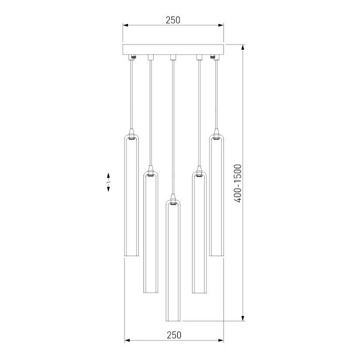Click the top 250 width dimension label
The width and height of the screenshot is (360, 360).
173,20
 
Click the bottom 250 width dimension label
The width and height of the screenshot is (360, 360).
174,335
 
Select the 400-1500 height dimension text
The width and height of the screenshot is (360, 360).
238,183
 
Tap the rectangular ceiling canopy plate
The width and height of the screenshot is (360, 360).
173,50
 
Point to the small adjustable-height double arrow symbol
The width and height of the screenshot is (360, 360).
108,182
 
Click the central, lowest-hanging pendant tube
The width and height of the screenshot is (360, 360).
173,261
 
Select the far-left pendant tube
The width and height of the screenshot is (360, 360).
131,195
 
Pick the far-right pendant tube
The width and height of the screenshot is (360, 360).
216,195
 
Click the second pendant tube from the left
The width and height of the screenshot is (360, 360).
151,232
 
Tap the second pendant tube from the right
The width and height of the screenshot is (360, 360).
199,232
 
